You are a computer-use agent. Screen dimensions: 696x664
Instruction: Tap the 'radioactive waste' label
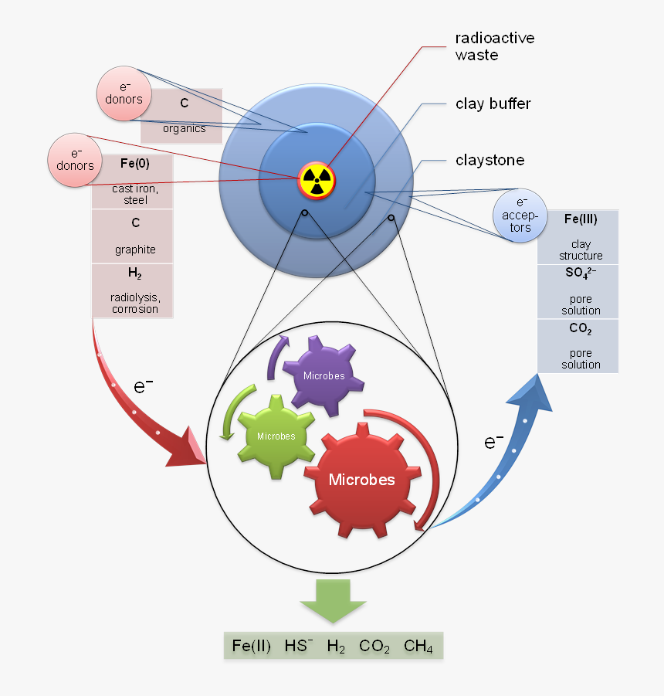(x=495, y=46)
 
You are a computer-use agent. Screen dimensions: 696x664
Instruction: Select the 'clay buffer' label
(x=493, y=104)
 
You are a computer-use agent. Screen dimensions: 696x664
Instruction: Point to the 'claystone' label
(x=490, y=161)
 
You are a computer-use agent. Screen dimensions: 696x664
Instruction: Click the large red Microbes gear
(x=361, y=480)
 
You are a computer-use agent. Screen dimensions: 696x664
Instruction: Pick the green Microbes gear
(x=276, y=436)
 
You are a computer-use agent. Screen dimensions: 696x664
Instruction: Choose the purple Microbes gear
(x=323, y=376)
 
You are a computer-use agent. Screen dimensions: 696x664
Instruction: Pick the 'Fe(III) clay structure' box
(x=580, y=237)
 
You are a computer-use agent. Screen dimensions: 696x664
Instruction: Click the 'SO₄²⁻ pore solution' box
(x=580, y=291)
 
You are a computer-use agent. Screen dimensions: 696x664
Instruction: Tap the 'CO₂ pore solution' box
(x=580, y=345)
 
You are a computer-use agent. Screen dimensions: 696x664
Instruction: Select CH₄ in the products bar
(x=418, y=647)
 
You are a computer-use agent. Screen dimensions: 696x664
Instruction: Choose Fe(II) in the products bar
(x=252, y=647)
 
